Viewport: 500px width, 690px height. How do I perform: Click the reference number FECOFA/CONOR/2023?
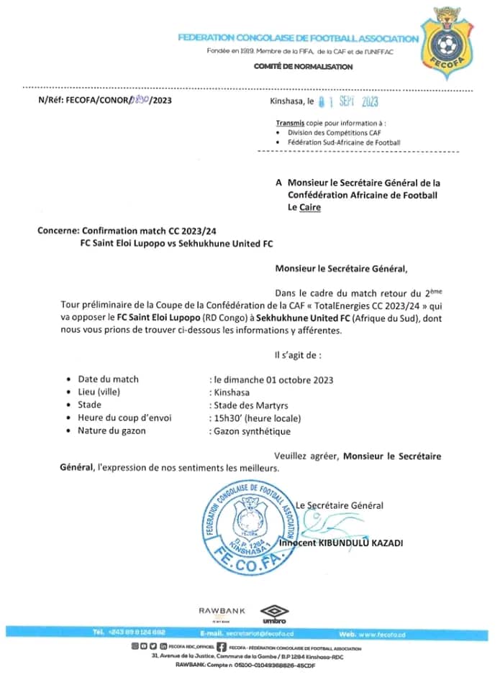105,100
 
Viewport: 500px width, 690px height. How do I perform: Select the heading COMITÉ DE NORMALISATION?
303,67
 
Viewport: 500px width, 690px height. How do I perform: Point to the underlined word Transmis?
291,123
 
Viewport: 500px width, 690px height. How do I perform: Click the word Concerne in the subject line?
58,231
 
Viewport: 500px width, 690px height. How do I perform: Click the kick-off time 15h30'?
225,418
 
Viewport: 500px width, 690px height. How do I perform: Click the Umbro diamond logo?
274,614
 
